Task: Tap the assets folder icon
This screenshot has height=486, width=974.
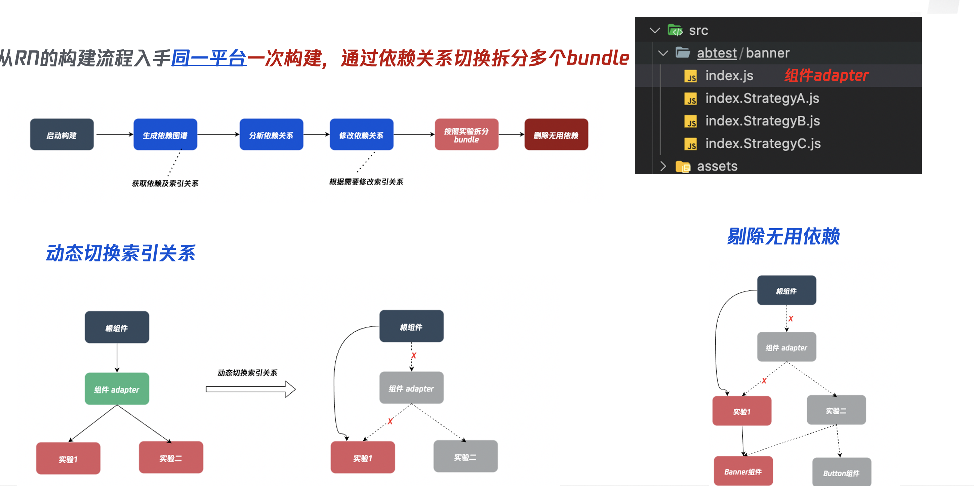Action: pyautogui.click(x=683, y=166)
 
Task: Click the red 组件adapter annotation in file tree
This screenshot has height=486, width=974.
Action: pyautogui.click(x=826, y=75)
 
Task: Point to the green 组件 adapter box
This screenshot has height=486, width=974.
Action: pyautogui.click(x=117, y=389)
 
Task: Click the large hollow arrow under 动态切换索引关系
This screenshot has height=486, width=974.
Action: pyautogui.click(x=250, y=389)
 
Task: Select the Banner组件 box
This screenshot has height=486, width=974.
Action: pyautogui.click(x=743, y=471)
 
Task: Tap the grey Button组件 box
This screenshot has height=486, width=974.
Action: pyautogui.click(x=842, y=472)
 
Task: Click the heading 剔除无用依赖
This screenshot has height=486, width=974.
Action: pyautogui.click(x=783, y=236)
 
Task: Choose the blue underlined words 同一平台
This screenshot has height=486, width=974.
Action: pyautogui.click(x=209, y=58)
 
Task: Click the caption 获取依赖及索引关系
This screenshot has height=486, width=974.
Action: pyautogui.click(x=165, y=184)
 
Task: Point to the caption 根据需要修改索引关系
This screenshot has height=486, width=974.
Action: pyautogui.click(x=366, y=182)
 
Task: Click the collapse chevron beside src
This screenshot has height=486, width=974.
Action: pyautogui.click(x=654, y=30)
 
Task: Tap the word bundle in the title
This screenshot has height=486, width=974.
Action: pyautogui.click(x=598, y=58)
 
